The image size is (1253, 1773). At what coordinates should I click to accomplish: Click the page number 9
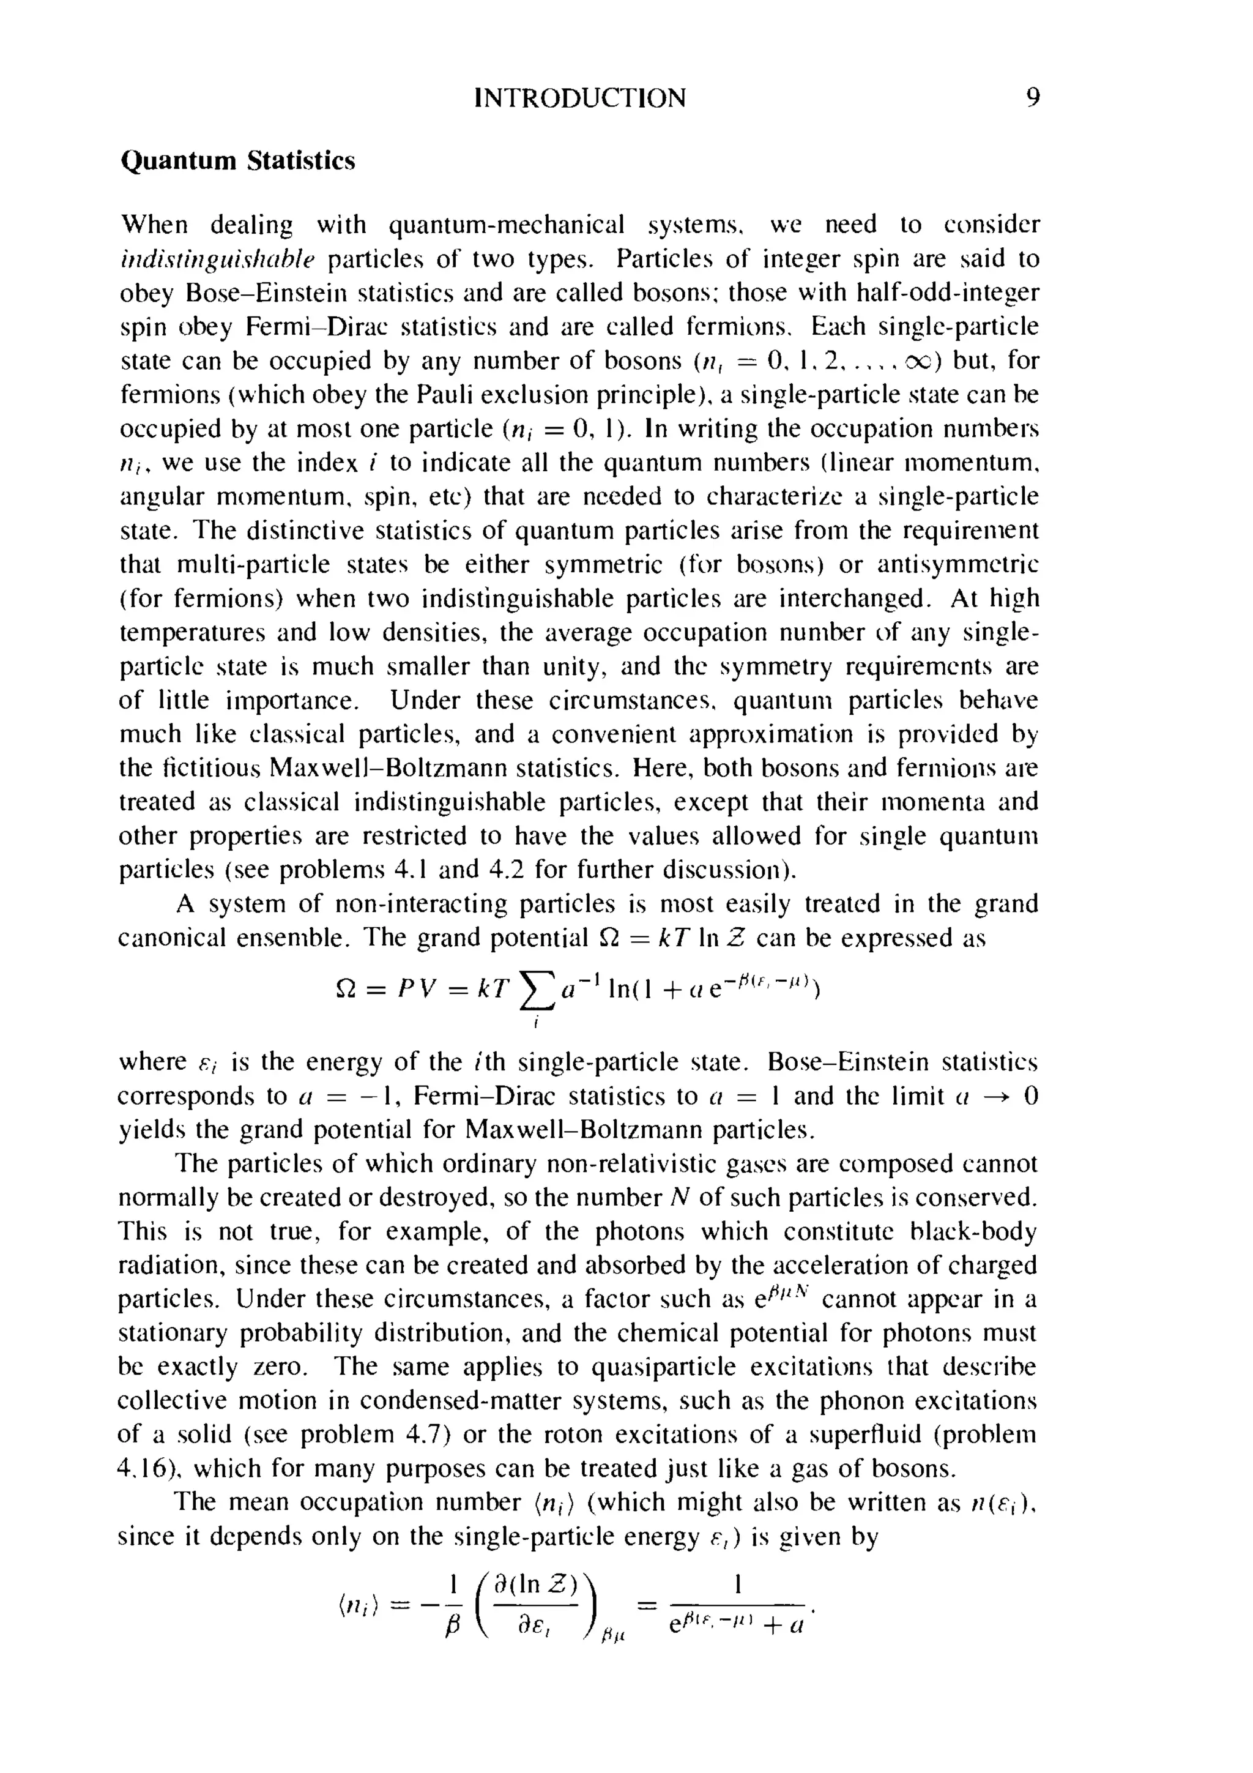(x=1033, y=98)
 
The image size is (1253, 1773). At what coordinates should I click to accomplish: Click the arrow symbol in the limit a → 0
(x=991, y=1097)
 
